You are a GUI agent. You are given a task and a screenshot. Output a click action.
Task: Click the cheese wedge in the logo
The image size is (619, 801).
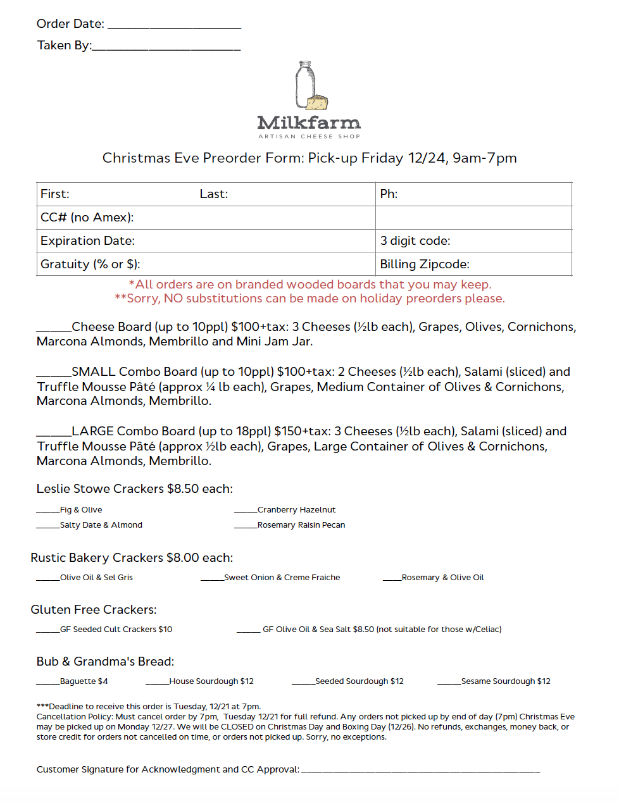318,102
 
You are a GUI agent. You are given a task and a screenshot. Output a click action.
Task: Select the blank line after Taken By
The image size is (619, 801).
166,48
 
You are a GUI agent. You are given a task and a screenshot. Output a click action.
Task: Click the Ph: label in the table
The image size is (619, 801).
389,194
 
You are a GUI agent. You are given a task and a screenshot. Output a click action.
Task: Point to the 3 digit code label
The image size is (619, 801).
415,241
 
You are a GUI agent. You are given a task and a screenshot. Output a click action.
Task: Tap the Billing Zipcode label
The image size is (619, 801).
425,264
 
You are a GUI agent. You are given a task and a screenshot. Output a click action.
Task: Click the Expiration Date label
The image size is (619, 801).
87,241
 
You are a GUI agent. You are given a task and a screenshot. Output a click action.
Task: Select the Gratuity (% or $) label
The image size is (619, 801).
91,264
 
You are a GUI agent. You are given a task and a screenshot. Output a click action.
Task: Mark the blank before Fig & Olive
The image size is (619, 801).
47,511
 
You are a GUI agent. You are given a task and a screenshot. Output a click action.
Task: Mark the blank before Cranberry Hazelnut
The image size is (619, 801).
246,511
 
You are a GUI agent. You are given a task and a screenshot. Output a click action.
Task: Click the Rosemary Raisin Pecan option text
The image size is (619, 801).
301,525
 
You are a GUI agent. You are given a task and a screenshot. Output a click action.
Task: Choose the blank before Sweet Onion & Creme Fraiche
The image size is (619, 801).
212,579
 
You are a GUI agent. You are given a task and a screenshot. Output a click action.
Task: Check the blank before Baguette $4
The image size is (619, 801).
47,683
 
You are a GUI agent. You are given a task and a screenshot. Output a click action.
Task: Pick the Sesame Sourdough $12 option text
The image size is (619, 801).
506,681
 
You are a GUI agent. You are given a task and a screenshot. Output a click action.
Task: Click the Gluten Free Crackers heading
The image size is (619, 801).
94,610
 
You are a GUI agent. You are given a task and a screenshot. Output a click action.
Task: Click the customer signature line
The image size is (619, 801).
421,771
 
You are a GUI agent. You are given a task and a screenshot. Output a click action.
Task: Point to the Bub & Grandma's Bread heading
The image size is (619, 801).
105,662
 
